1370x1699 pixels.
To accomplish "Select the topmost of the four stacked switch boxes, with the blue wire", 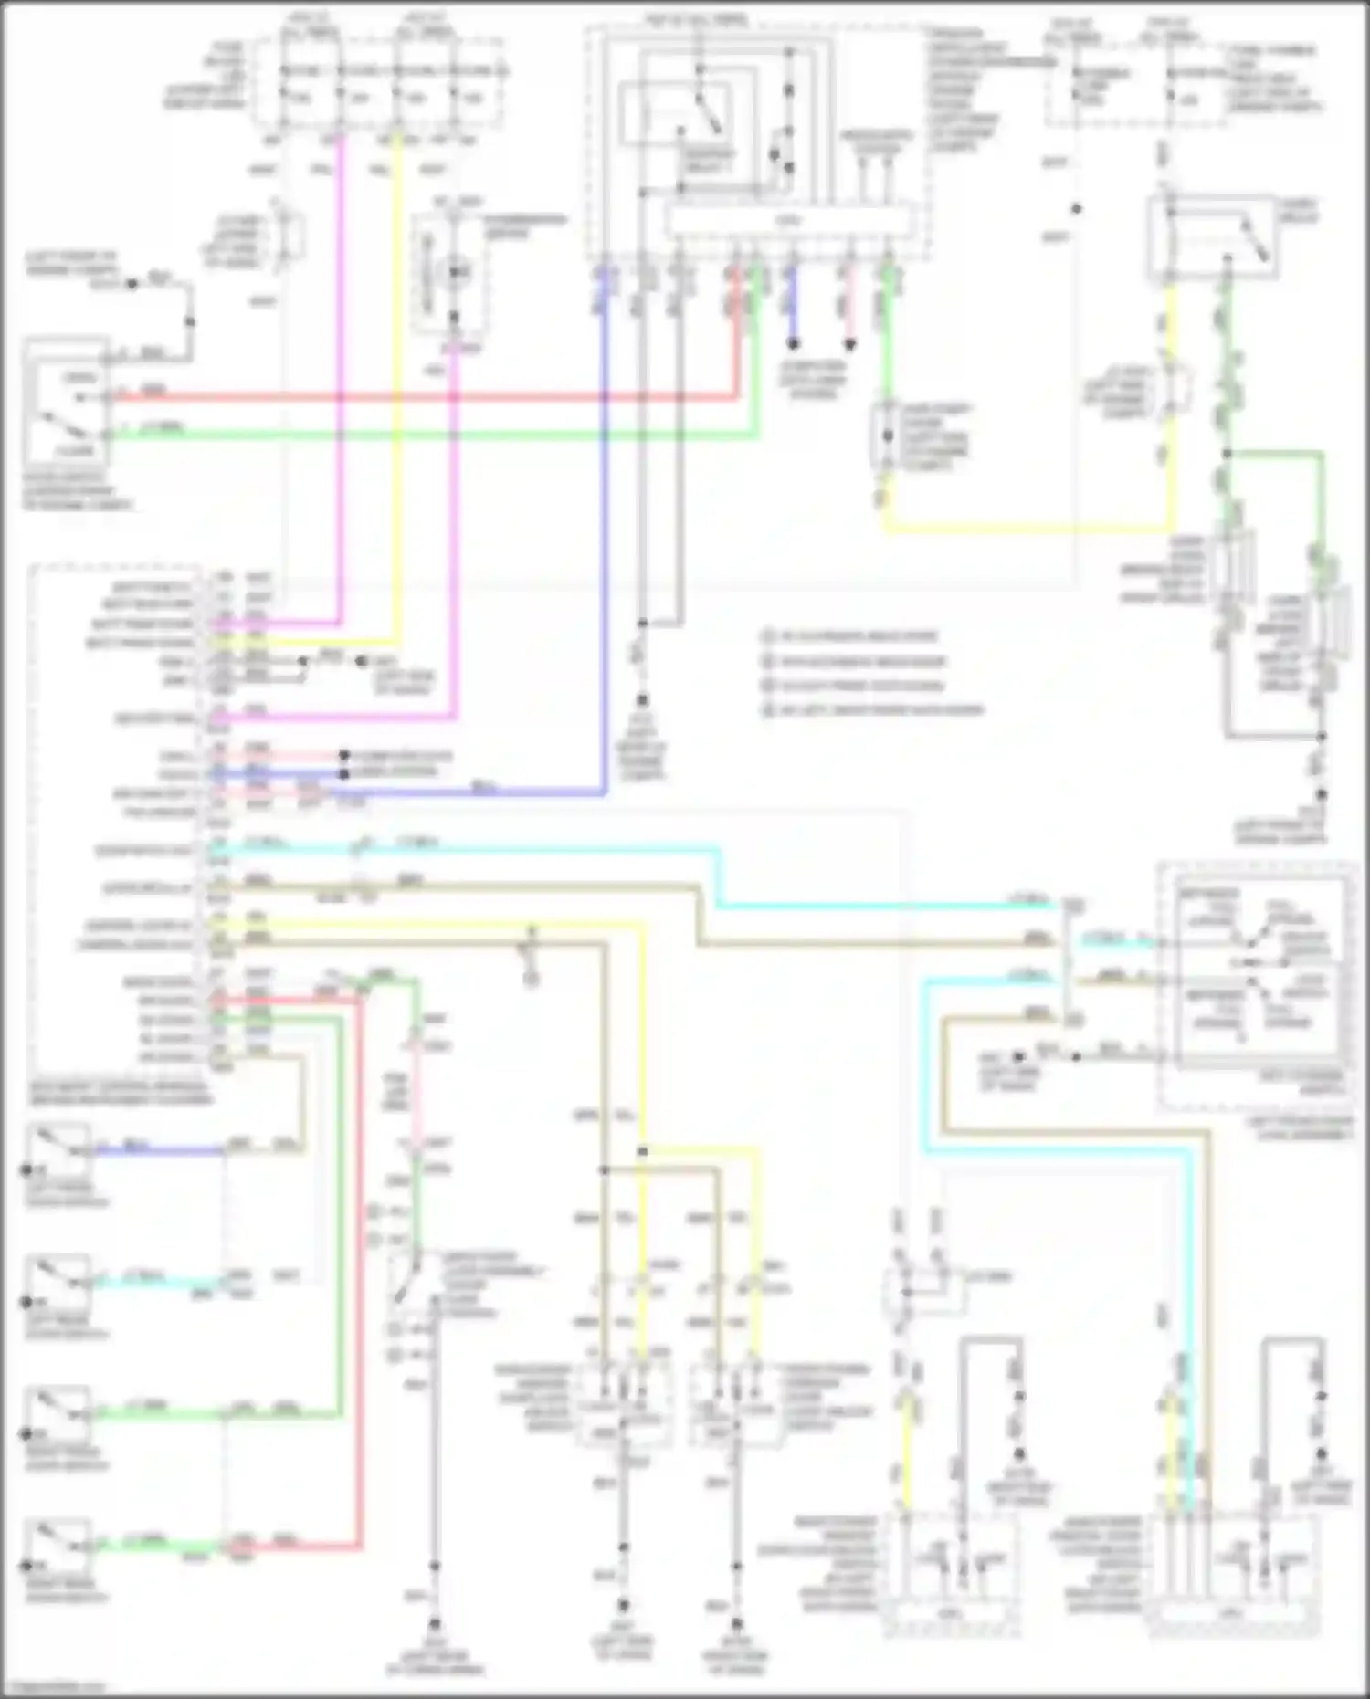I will (59, 1151).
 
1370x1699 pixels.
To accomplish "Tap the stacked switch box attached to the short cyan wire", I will (59, 1283).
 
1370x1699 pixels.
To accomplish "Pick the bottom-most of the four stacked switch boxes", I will (59, 1546).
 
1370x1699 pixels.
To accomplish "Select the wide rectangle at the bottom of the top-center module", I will (789, 221).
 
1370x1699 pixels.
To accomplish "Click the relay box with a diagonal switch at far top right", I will (1213, 236).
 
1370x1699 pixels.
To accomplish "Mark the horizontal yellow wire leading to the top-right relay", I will (1023, 528).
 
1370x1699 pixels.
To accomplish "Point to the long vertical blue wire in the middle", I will (605, 548).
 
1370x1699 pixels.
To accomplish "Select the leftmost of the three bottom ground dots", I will (435, 1625).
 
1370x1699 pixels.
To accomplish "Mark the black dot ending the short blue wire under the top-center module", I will (794, 344).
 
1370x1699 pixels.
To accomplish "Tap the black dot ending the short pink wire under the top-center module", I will (849, 344).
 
